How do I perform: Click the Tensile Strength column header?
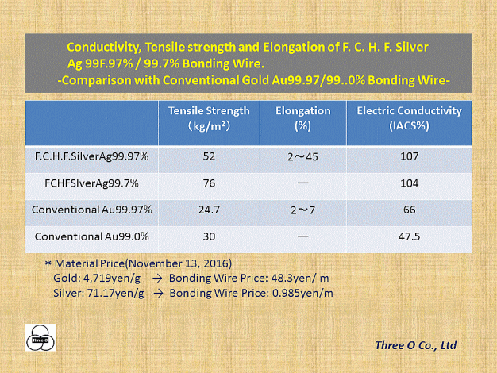[209, 118]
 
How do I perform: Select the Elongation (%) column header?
[303, 118]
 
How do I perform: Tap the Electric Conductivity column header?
[409, 118]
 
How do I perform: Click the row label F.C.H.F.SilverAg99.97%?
[91, 156]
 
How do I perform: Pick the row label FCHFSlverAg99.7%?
[91, 183]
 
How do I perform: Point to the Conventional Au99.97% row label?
[91, 210]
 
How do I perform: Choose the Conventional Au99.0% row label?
[91, 236]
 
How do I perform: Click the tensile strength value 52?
[209, 156]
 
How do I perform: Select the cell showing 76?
[209, 183]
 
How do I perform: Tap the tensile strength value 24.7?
[209, 210]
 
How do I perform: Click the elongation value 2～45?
[302, 156]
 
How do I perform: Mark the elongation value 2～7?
[302, 210]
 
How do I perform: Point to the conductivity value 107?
[409, 156]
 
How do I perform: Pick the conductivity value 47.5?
[409, 236]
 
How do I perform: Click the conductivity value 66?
[409, 210]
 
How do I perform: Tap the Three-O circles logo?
[40, 337]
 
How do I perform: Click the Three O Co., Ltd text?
[416, 345]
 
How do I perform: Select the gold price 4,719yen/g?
[112, 279]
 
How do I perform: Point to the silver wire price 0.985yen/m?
[302, 293]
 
